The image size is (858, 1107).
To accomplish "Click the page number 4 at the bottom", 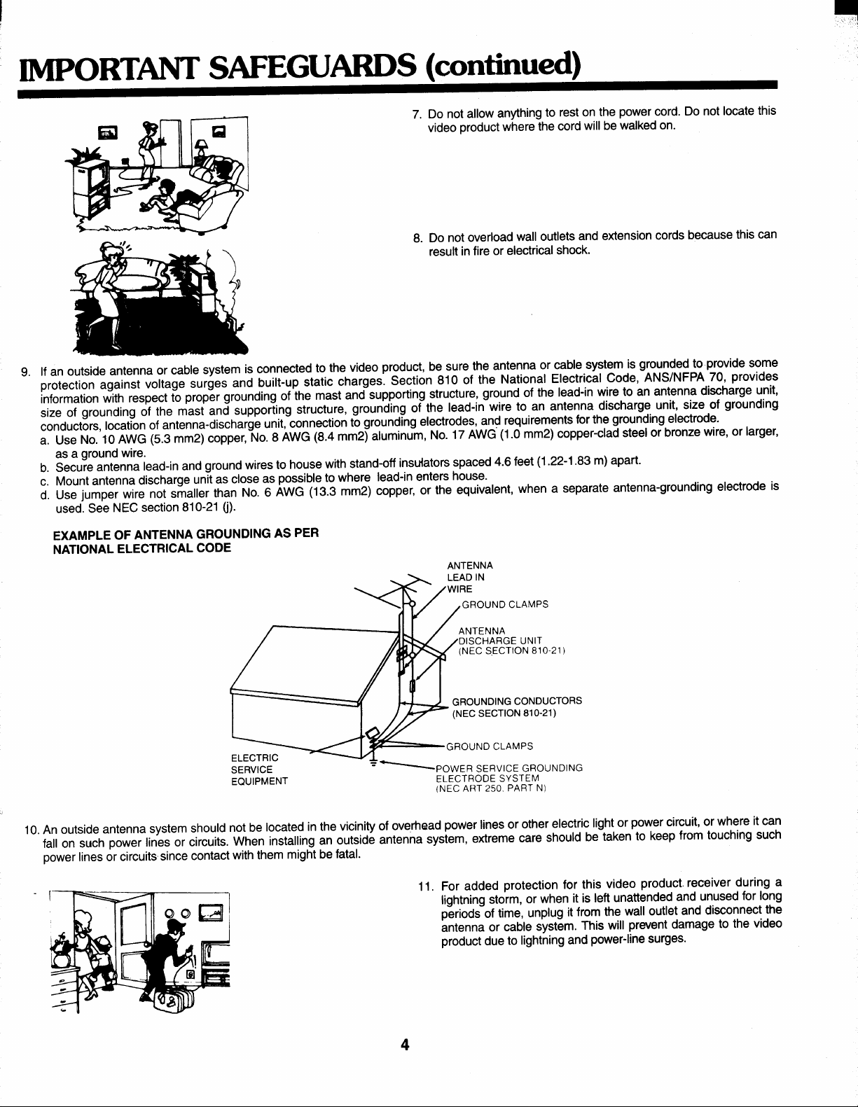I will click(x=404, y=1045).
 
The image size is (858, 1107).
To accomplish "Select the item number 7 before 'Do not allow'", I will click(x=417, y=114).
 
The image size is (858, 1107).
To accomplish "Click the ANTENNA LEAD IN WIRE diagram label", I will click(x=470, y=577).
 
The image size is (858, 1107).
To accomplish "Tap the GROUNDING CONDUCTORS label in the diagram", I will click(x=517, y=702).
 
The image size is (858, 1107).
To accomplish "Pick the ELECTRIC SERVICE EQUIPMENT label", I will click(x=255, y=770).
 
